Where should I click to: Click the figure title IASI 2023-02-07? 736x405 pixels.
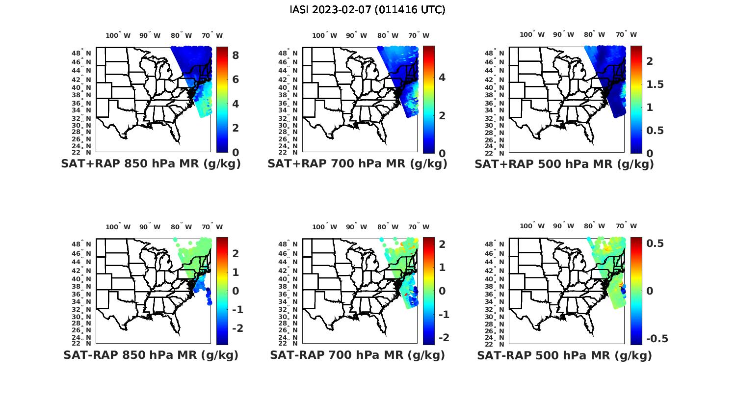pyautogui.click(x=368, y=10)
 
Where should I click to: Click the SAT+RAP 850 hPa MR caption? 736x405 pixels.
pyautogui.click(x=151, y=164)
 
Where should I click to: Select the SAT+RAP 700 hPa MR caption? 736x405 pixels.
pyautogui.click(x=357, y=164)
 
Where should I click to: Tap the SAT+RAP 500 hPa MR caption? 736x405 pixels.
pyautogui.click(x=564, y=164)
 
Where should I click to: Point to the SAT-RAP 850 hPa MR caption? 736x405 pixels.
pyautogui.click(x=151, y=355)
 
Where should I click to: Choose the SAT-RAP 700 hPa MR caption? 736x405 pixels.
pyautogui.click(x=357, y=355)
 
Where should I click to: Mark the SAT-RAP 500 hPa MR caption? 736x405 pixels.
pyautogui.click(x=564, y=355)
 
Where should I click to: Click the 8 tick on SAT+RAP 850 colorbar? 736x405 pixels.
pyautogui.click(x=236, y=55)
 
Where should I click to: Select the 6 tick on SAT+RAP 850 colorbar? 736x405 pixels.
pyautogui.click(x=236, y=80)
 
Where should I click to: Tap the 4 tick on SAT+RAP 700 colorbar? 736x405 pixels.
pyautogui.click(x=442, y=77)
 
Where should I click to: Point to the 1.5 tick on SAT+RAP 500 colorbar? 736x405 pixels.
pyautogui.click(x=655, y=84)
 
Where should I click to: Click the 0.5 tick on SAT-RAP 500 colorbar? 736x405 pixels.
pyautogui.click(x=655, y=243)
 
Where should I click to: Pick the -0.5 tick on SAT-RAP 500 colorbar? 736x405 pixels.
pyautogui.click(x=657, y=339)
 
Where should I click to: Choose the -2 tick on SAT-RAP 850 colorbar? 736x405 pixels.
pyautogui.click(x=234, y=328)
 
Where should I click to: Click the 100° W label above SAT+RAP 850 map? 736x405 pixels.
pyautogui.click(x=118, y=35)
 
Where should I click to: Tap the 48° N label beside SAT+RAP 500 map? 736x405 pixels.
pyautogui.click(x=499, y=53)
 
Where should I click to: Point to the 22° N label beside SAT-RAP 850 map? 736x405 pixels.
pyautogui.click(x=86, y=343)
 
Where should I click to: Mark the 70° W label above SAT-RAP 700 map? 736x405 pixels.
pyautogui.click(x=419, y=227)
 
